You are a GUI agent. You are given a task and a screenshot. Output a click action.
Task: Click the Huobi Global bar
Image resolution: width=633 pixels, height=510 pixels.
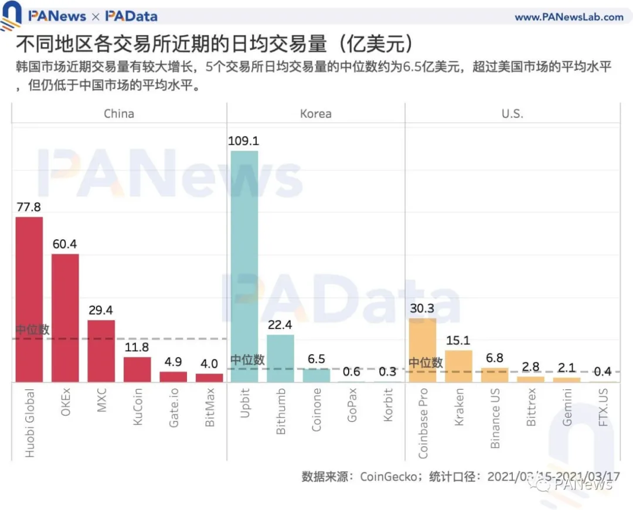(29, 300)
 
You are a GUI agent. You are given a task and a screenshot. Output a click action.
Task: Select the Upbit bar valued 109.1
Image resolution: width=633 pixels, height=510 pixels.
(244, 267)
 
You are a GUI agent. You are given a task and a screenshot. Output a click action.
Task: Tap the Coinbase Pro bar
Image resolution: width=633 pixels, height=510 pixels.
(423, 350)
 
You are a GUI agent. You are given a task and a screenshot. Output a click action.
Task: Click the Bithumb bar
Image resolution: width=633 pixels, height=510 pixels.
(280, 358)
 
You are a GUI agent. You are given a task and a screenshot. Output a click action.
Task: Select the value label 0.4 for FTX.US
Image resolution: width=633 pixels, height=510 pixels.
(603, 372)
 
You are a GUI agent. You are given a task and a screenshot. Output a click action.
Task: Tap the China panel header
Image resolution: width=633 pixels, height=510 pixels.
(119, 114)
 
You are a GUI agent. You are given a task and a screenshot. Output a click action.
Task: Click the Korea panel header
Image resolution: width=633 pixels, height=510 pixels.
(315, 114)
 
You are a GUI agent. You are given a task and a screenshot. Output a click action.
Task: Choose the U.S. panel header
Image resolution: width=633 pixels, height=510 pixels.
(512, 114)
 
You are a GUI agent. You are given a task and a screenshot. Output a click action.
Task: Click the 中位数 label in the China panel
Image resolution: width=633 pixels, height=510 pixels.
(33, 330)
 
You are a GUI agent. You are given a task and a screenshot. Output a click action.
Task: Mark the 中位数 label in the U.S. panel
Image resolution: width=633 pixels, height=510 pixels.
(426, 363)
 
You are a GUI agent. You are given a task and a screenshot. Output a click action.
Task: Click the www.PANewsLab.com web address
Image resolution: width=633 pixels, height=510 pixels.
(569, 17)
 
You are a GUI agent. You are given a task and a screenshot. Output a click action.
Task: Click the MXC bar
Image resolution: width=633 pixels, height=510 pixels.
(101, 351)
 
